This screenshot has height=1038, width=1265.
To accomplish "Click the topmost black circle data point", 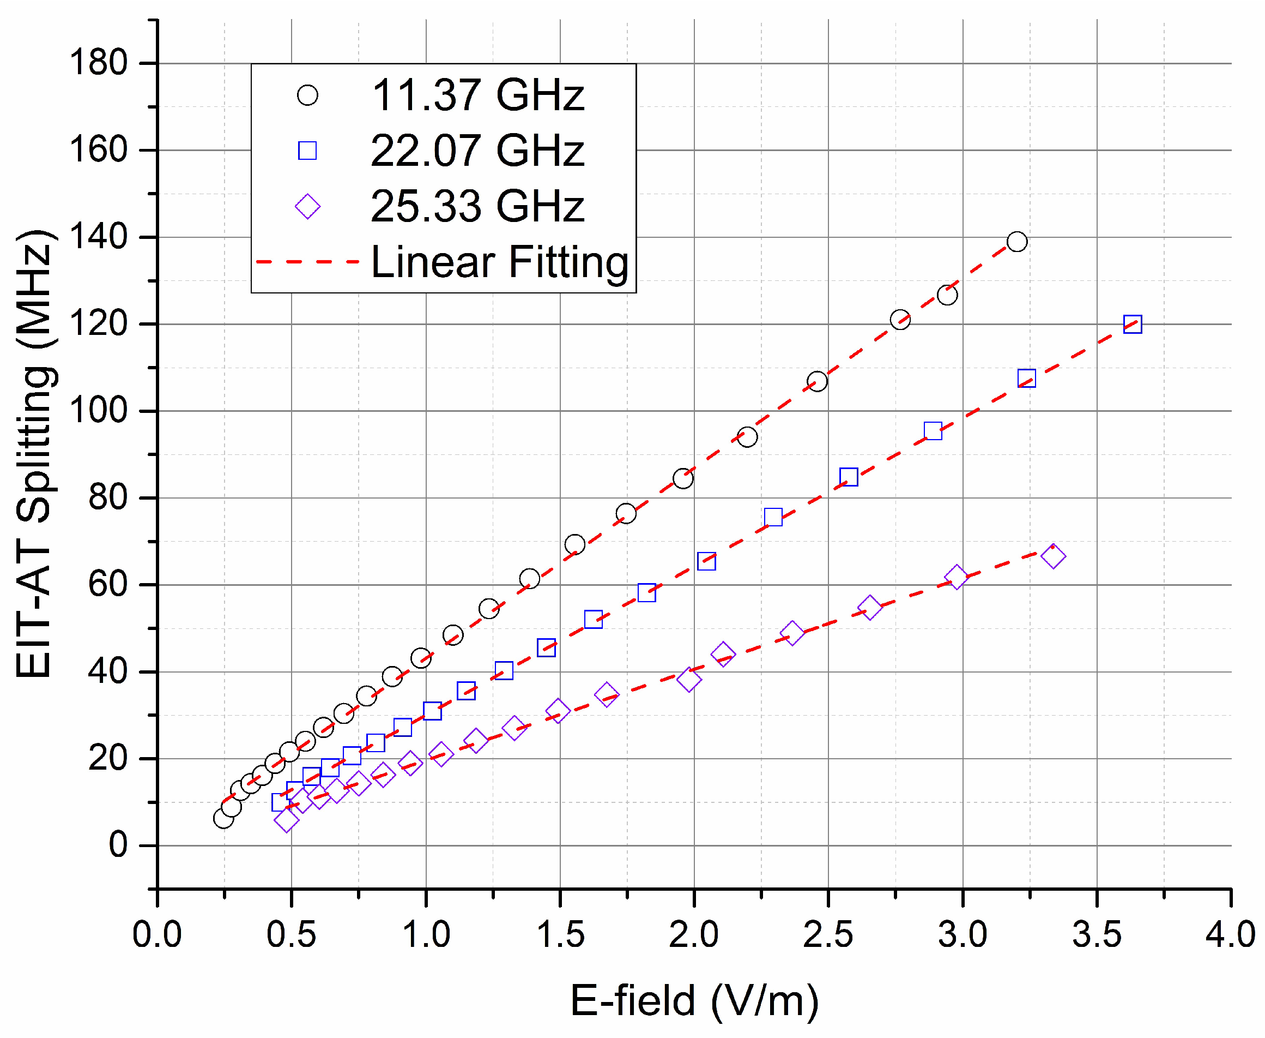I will click(x=1017, y=242).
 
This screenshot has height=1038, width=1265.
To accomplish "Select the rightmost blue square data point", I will click(x=1133, y=324).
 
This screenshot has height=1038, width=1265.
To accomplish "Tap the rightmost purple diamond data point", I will click(x=1053, y=556).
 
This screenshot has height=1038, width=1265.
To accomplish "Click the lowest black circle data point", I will click(x=223, y=819).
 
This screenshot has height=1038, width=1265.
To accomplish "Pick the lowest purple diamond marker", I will click(x=286, y=820).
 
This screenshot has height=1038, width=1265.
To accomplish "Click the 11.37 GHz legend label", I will click(x=477, y=95).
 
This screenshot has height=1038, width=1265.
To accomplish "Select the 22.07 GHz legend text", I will click(x=477, y=151).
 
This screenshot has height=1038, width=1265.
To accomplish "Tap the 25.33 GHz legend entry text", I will click(x=477, y=206).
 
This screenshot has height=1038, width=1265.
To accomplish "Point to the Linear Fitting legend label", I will click(x=500, y=262).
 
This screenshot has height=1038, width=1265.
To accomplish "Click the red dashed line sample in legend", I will click(x=307, y=262).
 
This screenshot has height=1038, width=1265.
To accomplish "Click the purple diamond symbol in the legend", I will click(x=307, y=207).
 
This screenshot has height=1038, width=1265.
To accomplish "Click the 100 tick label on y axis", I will click(x=99, y=411).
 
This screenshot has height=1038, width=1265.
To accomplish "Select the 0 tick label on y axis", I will click(x=118, y=845).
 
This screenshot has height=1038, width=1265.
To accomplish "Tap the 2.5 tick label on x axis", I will click(x=827, y=934).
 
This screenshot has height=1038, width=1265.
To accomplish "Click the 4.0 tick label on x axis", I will click(x=1230, y=934).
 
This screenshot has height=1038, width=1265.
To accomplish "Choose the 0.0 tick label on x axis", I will click(x=157, y=934).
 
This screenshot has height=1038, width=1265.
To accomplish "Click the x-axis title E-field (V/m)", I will click(x=694, y=1000).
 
